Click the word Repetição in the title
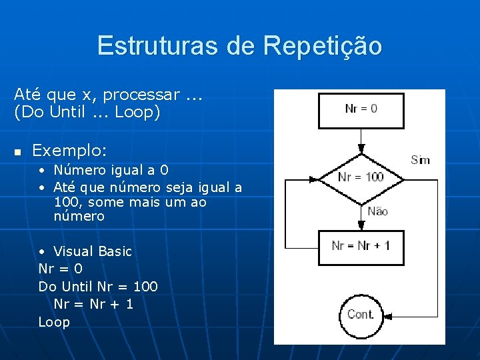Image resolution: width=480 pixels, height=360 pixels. pos(323,46)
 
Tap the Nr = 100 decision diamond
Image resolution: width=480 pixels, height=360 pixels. pos(361,177)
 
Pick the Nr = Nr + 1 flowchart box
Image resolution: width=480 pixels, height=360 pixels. pos(361,247)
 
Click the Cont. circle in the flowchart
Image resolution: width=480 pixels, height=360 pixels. pos(361,315)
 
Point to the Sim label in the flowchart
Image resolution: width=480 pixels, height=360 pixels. pos(420,160)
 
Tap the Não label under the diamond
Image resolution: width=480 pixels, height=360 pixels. pos(377,211)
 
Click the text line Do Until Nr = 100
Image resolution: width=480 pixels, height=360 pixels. pos(98,287)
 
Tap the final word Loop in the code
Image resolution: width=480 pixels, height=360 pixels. pos(54,322)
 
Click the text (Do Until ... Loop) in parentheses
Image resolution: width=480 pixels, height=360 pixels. pos(87,112)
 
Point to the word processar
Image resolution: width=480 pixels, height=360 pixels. pos(141,95)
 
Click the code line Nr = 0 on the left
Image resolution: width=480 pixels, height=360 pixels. pos(61,269)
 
